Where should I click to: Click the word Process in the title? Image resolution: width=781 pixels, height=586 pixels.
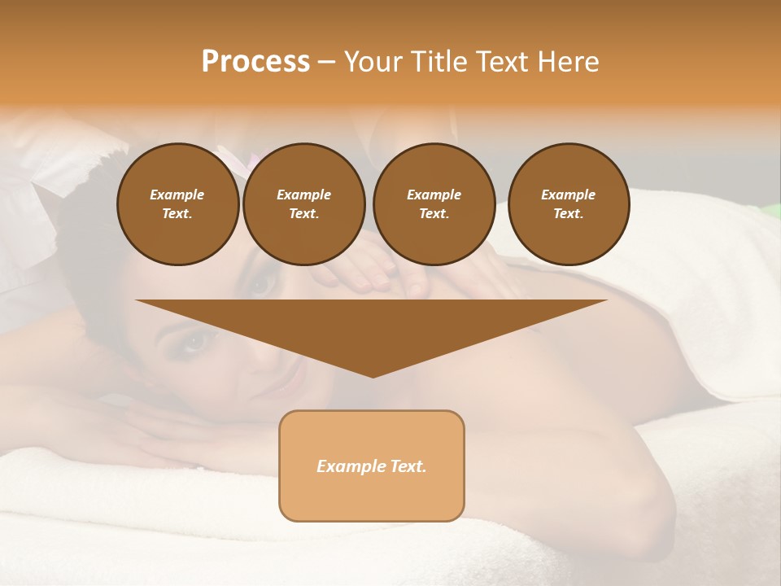click(x=255, y=62)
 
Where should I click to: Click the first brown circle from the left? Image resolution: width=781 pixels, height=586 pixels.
click(x=177, y=203)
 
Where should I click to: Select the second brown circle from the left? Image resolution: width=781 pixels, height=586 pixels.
click(x=303, y=203)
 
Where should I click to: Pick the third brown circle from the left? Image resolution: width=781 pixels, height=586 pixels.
click(x=434, y=203)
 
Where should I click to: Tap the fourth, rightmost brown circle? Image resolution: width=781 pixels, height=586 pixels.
click(x=569, y=203)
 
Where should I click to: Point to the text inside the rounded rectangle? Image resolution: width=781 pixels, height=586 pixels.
click(x=371, y=466)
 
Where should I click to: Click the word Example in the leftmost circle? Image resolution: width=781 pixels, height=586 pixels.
click(x=177, y=195)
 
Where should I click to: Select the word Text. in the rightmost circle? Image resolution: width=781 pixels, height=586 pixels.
click(x=569, y=213)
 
